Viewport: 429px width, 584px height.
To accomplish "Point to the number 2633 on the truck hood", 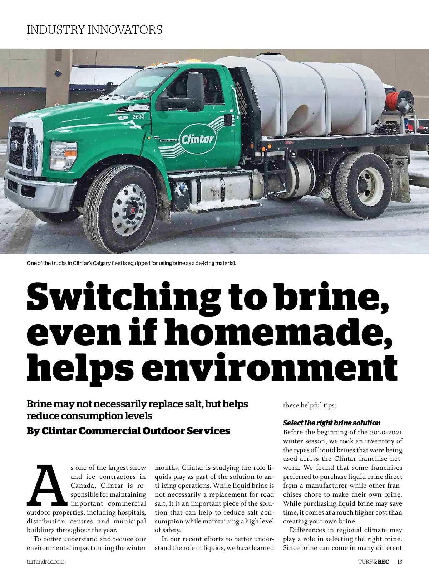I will (x=138, y=116).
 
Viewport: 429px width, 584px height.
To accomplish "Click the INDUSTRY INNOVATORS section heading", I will (x=94, y=29).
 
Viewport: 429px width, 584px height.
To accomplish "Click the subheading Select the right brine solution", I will (x=331, y=423).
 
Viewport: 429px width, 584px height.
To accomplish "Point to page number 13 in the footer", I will (x=399, y=561).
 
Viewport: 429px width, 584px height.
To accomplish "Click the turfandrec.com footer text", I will (x=45, y=561).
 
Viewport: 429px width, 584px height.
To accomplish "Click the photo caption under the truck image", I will (x=131, y=264).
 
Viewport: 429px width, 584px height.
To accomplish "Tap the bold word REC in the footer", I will (x=384, y=561).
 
